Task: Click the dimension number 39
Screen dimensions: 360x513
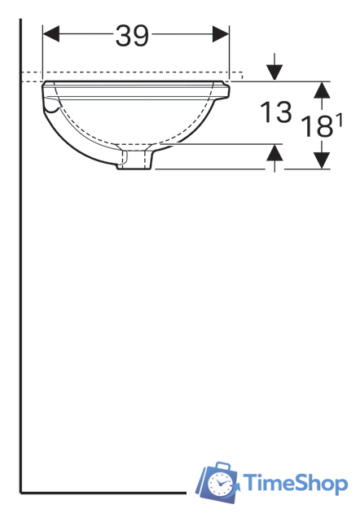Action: [132, 36]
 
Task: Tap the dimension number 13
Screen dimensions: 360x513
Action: [275, 112]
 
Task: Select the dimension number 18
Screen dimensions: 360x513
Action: [317, 126]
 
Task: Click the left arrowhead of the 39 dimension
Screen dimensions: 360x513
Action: [51, 34]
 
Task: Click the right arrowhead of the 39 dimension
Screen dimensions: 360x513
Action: [221, 34]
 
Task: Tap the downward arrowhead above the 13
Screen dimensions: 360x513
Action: [274, 72]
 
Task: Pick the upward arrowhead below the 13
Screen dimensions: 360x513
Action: [274, 152]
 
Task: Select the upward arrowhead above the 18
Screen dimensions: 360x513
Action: [322, 90]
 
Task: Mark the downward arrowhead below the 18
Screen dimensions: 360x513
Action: [322, 160]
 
